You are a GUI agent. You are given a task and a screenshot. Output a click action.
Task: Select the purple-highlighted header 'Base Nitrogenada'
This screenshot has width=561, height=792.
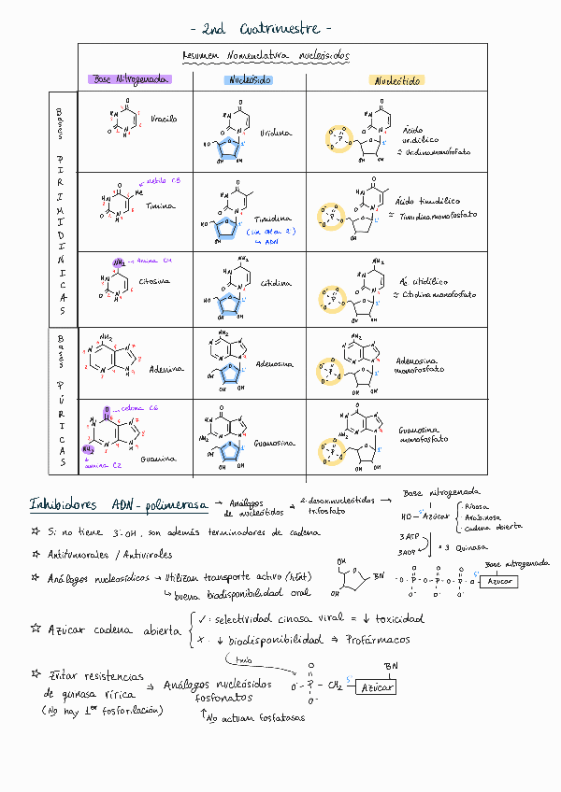click(x=129, y=80)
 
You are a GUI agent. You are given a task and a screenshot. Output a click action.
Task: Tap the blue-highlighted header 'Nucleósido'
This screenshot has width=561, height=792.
click(x=249, y=80)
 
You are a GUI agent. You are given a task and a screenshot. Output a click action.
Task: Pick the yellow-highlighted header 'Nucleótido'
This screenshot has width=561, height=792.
click(x=397, y=81)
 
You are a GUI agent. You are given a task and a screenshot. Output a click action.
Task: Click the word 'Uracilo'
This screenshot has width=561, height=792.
click(x=164, y=120)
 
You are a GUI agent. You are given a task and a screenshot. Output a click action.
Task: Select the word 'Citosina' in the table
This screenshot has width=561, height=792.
click(x=160, y=279)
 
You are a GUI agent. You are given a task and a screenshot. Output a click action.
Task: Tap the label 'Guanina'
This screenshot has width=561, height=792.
click(x=158, y=459)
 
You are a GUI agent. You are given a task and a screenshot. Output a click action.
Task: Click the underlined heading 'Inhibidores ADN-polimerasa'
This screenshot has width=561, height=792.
click(x=118, y=505)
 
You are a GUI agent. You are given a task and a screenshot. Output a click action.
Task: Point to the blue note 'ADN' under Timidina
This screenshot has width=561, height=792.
click(x=272, y=241)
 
